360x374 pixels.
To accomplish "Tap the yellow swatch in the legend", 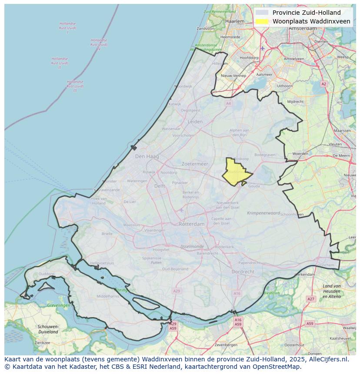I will coord(262,21).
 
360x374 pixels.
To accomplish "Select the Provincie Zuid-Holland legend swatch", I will coord(262,13).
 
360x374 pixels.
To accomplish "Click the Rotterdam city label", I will coord(191,224).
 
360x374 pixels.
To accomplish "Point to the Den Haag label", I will coord(147,156).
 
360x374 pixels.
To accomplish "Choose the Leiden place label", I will coord(195,122).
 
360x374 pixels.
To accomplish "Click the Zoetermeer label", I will coord(195,164).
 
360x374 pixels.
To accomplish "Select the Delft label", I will coord(160,186).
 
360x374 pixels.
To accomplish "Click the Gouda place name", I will coord(254,185).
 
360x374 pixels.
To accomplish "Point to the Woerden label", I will coord(300,154).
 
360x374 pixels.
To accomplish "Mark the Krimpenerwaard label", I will coord(263,213).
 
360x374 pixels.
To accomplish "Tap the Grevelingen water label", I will coord(59,305).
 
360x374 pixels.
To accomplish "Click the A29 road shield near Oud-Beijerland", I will coord(176,291).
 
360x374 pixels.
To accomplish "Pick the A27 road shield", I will coord(310,299).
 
